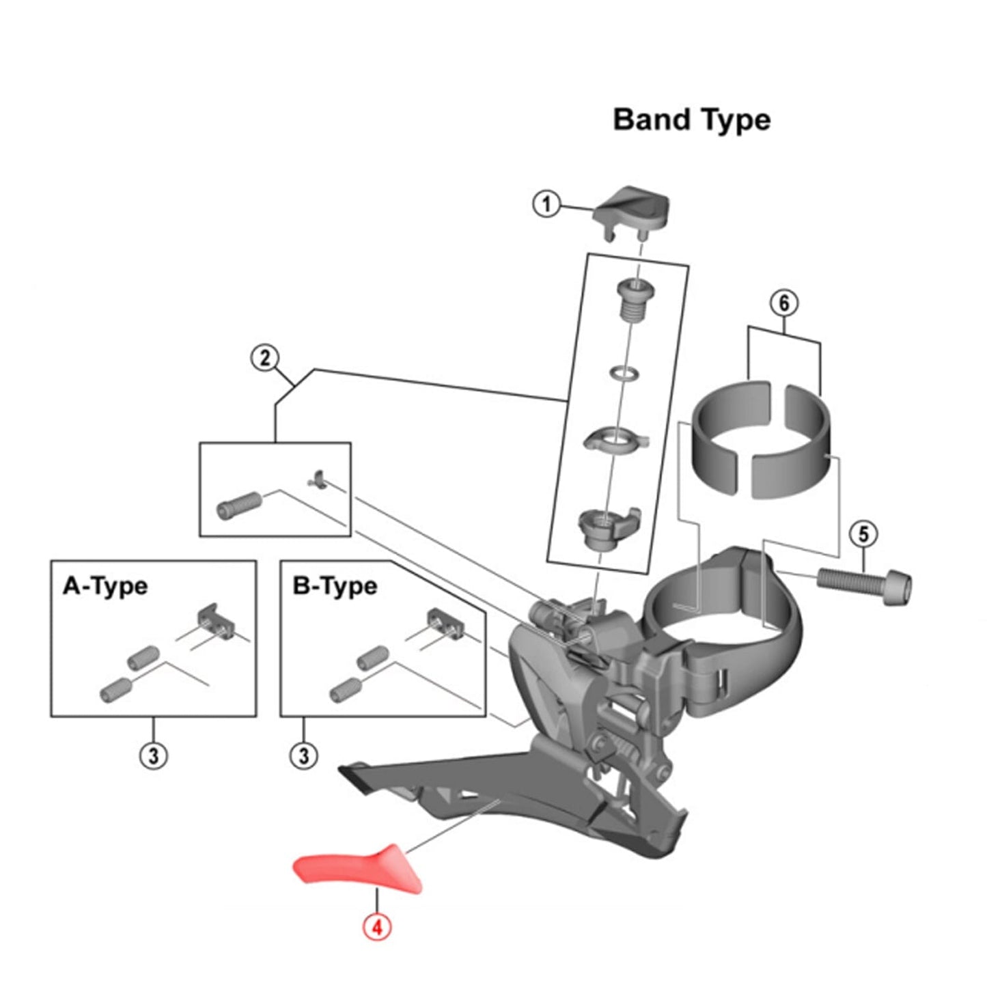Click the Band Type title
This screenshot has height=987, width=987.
pyautogui.click(x=691, y=120)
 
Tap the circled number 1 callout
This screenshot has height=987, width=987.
pyautogui.click(x=546, y=204)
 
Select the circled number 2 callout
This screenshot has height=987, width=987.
pyautogui.click(x=265, y=358)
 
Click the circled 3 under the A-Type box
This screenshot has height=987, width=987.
pyautogui.click(x=153, y=755)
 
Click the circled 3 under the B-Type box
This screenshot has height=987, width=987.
pyautogui.click(x=304, y=755)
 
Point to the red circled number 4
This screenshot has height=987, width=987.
pyautogui.click(x=377, y=927)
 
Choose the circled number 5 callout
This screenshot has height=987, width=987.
pyautogui.click(x=863, y=534)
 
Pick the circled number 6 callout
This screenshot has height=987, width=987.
pyautogui.click(x=783, y=303)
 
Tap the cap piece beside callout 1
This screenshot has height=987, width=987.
pyautogui.click(x=631, y=208)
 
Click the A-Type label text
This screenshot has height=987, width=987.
pyautogui.click(x=105, y=586)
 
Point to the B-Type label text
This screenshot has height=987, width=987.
pyautogui.click(x=335, y=586)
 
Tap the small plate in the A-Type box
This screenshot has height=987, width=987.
pyautogui.click(x=216, y=620)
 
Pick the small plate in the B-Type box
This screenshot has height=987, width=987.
pyautogui.click(x=445, y=620)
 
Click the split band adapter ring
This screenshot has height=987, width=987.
pyautogui.click(x=763, y=437)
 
